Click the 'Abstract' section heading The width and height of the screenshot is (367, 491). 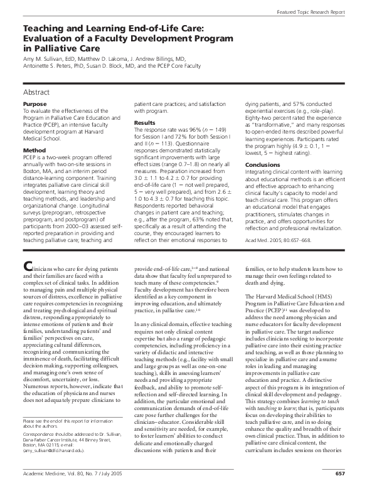(x=39, y=92)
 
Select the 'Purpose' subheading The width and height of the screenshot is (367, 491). (x=35, y=103)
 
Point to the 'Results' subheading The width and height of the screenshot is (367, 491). (x=145, y=123)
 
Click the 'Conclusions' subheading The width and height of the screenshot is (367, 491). (x=263, y=166)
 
